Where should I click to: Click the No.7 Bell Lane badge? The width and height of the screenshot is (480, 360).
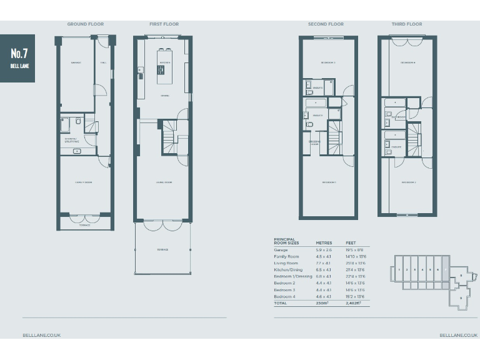point(17,58)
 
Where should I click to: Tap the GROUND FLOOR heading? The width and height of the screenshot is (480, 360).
point(86,24)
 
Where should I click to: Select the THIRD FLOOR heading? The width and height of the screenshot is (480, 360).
point(406,24)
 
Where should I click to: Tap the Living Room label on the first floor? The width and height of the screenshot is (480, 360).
point(164,182)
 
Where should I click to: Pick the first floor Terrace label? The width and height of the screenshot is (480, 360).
point(162,249)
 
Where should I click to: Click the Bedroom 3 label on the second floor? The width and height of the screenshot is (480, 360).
point(328,62)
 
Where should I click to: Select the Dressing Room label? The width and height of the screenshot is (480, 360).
point(314,143)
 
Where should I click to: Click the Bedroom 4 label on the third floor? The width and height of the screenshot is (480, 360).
point(407,62)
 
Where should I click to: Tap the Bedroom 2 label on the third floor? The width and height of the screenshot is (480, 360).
point(408,182)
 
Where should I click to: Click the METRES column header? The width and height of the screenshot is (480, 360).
point(324,242)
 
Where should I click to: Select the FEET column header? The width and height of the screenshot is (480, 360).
point(351,242)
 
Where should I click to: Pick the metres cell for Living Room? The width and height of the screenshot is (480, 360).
point(322,264)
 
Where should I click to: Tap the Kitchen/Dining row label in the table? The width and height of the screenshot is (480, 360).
point(288,270)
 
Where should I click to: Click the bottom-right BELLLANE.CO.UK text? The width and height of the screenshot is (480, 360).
point(458,336)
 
